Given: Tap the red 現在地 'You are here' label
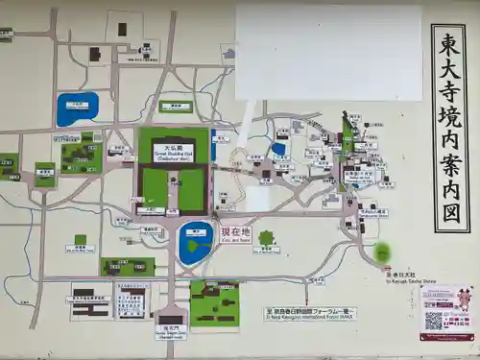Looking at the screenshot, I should pyautogui.click(x=235, y=233).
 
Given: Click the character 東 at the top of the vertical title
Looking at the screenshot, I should pyautogui.click(x=449, y=43).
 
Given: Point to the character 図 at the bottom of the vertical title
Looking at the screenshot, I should pyautogui.click(x=449, y=213).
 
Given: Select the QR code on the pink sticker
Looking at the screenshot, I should pyautogui.click(x=435, y=320).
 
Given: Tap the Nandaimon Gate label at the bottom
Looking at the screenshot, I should pyautogui.click(x=171, y=333).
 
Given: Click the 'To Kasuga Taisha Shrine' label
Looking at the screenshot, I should pyautogui.click(x=403, y=274).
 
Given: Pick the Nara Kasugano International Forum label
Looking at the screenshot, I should pyautogui.click(x=310, y=312).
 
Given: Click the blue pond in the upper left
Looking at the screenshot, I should pyautogui.click(x=77, y=108).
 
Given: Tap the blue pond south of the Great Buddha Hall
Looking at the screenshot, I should pyautogui.click(x=196, y=243).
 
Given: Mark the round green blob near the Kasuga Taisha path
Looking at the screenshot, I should pyautogui.click(x=382, y=252).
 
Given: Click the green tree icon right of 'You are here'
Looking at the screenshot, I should pyautogui.click(x=266, y=237).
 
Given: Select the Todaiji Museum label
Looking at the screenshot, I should pyautogui.click(x=130, y=304).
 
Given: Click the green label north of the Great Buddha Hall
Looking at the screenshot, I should pyautogui.click(x=176, y=107).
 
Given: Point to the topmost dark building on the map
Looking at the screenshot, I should pyautogui.click(x=122, y=29).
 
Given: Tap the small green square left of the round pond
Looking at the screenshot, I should pyautogui.click(x=81, y=240).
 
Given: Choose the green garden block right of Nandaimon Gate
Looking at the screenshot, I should pyautogui.click(x=214, y=304).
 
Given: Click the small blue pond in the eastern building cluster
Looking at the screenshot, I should pyautogui.click(x=278, y=149).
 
